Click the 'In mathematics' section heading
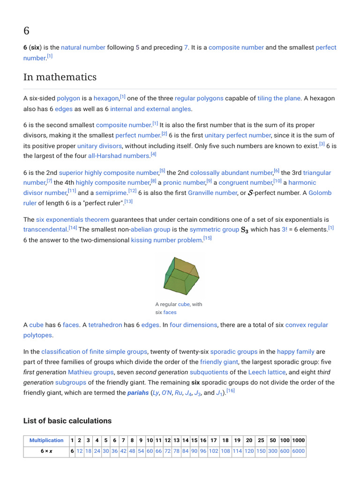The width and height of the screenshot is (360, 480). pyautogui.click(x=60, y=77)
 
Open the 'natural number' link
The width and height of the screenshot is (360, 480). pyautogui.click(x=83, y=47)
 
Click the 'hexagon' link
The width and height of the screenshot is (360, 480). pyautogui.click(x=106, y=98)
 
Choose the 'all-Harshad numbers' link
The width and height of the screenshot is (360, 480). pyautogui.click(x=119, y=156)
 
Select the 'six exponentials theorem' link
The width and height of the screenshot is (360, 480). pyautogui.click(x=73, y=219)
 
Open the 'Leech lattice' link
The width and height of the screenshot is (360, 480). pyautogui.click(x=267, y=372)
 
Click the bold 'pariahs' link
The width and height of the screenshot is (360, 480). pyautogui.click(x=138, y=393)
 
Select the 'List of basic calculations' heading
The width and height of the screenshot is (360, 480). pyautogui.click(x=67, y=420)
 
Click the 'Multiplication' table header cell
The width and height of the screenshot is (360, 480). pyautogui.click(x=46, y=441)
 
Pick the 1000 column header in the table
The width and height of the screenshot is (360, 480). pyautogui.click(x=298, y=441)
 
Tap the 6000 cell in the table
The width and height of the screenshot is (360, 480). pyautogui.click(x=298, y=451)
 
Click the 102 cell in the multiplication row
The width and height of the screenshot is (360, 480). pyautogui.click(x=214, y=451)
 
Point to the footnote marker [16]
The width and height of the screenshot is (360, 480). pyautogui.click(x=230, y=390)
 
